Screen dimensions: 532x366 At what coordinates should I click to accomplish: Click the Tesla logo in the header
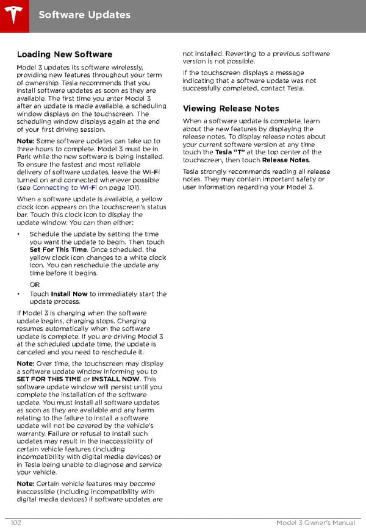pos(15,14)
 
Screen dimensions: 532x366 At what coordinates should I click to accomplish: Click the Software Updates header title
pos(84,14)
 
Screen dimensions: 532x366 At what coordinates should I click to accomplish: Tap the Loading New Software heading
pos(65,54)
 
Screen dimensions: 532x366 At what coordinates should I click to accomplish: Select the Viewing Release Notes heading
pos(231,109)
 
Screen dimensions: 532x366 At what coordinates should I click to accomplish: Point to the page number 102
pos(17,523)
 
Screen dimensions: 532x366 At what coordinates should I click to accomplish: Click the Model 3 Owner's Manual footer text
pos(315,523)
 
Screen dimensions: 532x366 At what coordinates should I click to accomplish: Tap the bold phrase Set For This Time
pos(58,250)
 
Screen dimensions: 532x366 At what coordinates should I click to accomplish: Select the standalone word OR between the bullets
pos(35,285)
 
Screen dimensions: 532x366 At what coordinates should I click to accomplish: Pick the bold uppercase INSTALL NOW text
pos(115,379)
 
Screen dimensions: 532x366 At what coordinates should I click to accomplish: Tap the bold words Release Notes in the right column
pos(285,160)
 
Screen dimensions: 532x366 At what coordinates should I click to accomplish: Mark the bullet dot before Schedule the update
pos(20,235)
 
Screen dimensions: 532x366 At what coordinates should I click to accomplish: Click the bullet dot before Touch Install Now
pos(20,294)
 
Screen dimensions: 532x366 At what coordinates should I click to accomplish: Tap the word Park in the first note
pos(25,157)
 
